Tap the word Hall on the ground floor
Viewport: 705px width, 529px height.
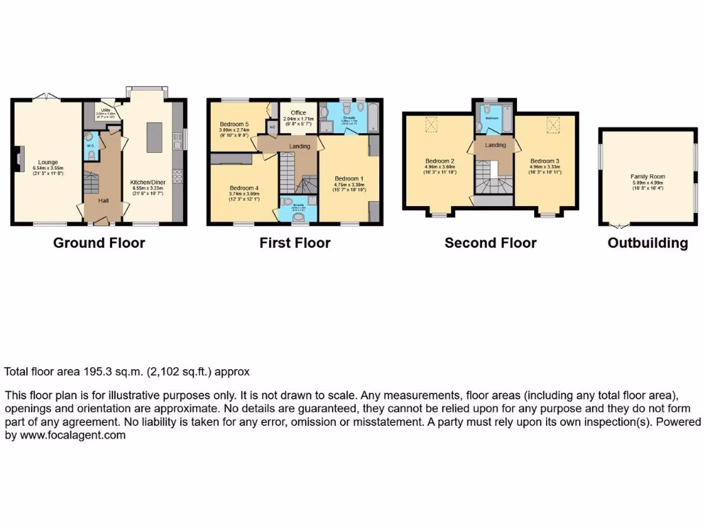(103, 200)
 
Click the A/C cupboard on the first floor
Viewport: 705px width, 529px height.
(272, 127)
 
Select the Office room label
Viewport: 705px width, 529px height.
(298, 112)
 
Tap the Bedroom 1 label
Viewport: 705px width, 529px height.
(348, 178)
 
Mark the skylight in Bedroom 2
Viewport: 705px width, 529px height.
(432, 125)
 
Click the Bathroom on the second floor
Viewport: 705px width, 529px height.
(493, 118)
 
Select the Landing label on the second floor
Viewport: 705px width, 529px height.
(495, 145)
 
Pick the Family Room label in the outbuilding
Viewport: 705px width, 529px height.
(648, 176)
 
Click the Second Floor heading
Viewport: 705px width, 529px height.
(490, 242)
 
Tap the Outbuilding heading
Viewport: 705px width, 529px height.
(647, 242)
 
